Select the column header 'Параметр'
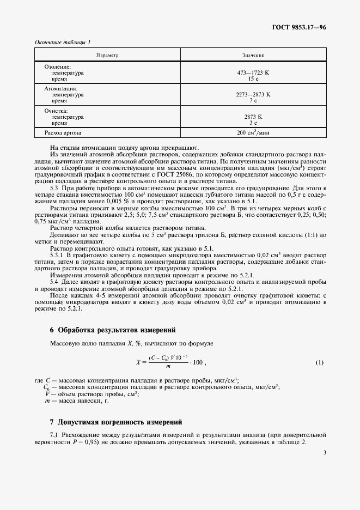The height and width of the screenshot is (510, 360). click(107, 56)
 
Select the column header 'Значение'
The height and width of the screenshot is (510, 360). click(253, 56)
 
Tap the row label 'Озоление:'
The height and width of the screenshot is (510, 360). click(58, 66)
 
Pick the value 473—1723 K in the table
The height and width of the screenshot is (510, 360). click(253, 72)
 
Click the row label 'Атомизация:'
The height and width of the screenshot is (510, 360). click(60, 88)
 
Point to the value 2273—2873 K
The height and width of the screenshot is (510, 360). click(253, 94)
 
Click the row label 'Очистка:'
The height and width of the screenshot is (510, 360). click(56, 110)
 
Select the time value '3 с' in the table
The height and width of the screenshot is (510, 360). click(253, 123)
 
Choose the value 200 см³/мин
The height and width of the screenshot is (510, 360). click(253, 133)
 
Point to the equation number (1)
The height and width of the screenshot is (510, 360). click(320, 362)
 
